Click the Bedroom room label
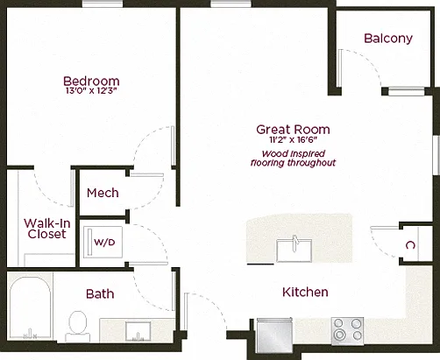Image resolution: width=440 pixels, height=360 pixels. (91, 81)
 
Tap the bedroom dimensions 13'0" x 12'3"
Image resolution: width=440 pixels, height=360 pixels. (91, 91)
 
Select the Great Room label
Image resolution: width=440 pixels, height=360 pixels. (293, 130)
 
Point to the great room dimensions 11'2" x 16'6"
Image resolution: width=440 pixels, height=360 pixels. (293, 140)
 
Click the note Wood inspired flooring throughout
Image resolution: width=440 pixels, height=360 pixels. (293, 159)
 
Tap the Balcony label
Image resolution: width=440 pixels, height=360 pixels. (388, 39)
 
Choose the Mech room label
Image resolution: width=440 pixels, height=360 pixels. (103, 193)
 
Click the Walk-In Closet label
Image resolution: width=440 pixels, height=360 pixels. (47, 229)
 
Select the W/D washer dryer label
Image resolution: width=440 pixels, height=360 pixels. (104, 242)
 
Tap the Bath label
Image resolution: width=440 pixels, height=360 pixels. (100, 294)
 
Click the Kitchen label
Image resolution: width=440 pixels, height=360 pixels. (305, 293)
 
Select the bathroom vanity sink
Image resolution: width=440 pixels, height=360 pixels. (138, 331)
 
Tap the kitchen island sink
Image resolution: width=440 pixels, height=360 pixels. (294, 251)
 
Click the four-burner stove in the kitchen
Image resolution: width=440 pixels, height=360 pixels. (348, 330)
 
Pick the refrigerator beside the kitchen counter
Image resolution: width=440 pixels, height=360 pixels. (274, 335)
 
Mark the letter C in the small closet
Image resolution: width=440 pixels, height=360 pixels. (410, 245)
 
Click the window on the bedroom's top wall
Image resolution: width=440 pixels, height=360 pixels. (103, 4)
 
